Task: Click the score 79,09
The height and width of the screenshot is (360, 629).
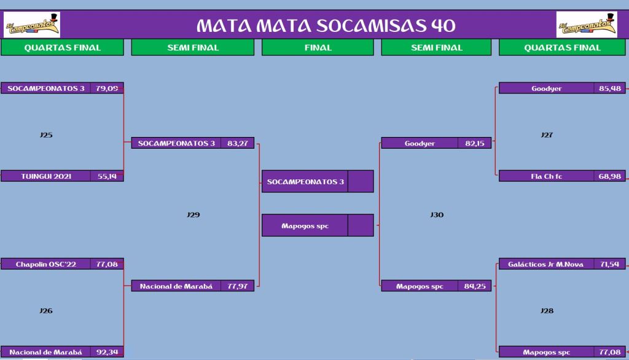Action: (x=107, y=88)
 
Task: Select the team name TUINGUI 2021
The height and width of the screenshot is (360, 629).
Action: (x=46, y=176)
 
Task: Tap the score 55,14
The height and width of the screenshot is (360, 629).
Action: (x=107, y=176)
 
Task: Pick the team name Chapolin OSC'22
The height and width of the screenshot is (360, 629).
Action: (x=45, y=264)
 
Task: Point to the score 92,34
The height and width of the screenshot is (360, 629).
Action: (x=107, y=352)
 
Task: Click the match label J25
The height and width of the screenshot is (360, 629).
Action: (x=46, y=135)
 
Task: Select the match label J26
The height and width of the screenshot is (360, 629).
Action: (x=46, y=311)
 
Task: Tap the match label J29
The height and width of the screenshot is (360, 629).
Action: (x=193, y=215)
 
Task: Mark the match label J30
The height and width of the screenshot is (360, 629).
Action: (x=437, y=215)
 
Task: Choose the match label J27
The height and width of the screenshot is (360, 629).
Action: (x=547, y=135)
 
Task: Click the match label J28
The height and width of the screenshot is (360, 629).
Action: (x=547, y=311)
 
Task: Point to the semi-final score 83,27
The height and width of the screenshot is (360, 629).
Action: (x=238, y=143)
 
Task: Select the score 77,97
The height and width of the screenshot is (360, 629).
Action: (x=238, y=286)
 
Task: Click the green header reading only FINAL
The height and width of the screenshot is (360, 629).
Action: (x=318, y=47)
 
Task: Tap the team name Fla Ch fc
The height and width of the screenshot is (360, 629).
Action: (x=546, y=176)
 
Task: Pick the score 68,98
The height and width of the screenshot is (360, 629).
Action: (x=610, y=176)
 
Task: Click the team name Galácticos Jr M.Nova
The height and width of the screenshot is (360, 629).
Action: (x=545, y=264)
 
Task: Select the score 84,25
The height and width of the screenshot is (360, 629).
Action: (x=475, y=286)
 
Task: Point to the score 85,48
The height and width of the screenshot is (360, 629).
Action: (x=610, y=88)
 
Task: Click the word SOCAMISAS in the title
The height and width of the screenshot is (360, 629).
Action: (x=372, y=26)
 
